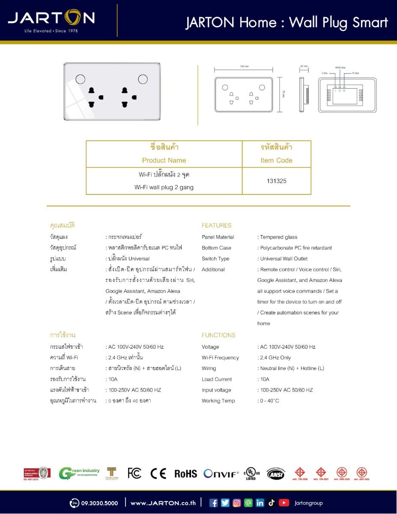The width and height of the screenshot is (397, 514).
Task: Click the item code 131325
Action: click(x=276, y=181)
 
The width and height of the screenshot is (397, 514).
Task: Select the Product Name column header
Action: click(x=164, y=160)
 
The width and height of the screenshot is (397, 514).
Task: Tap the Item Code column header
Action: click(x=276, y=160)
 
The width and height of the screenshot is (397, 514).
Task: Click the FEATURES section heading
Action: click(x=216, y=225)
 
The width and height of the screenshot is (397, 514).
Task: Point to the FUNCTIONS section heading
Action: click(x=218, y=335)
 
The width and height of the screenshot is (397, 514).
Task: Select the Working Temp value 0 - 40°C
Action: click(x=269, y=401)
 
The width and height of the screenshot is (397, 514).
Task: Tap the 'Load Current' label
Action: click(x=217, y=379)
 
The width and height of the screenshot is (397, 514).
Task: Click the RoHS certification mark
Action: click(x=185, y=474)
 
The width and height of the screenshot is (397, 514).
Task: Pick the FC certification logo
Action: click(x=134, y=473)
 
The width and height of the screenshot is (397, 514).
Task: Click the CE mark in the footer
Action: click(x=158, y=473)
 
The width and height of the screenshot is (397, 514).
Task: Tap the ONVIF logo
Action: click(x=221, y=474)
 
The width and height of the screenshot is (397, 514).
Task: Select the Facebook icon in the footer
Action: click(x=213, y=503)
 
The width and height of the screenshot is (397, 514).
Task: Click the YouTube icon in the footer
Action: click(x=284, y=503)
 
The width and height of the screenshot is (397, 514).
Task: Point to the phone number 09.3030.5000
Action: click(x=99, y=503)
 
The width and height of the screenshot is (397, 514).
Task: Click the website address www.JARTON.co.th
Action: click(x=163, y=503)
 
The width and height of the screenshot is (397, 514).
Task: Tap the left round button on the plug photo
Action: click(x=80, y=79)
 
